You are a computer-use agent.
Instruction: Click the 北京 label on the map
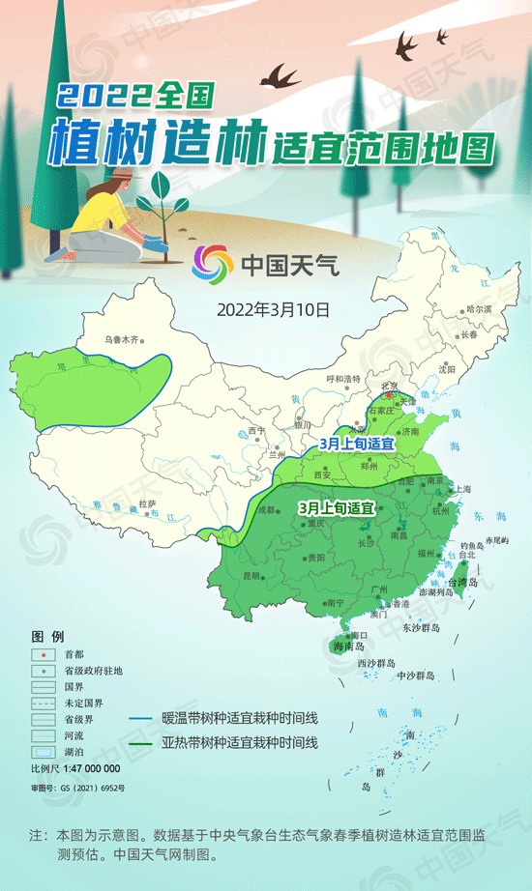coord(391,386)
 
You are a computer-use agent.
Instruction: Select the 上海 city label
coord(463,489)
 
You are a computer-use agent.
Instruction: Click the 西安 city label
coord(322,474)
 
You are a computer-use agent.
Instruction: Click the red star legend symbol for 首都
coord(44,655)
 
